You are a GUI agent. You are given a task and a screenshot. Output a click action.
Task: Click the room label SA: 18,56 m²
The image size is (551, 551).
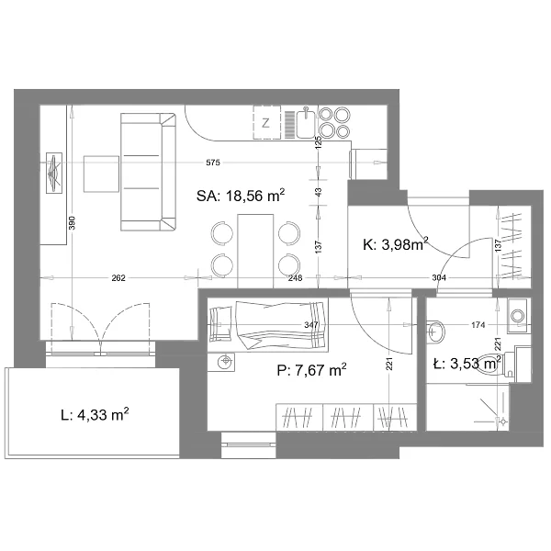tap(241, 196)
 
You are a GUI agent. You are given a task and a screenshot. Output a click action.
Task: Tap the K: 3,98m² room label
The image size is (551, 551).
tap(396, 244)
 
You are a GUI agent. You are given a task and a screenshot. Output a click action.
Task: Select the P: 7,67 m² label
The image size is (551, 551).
tap(311, 370)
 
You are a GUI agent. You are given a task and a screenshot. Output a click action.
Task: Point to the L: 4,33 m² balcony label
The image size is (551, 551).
tap(95, 415)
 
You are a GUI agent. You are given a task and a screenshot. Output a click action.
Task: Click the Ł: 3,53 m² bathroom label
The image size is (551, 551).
tap(467, 364)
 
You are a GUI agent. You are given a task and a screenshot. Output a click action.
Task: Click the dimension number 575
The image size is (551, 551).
tap(213, 163)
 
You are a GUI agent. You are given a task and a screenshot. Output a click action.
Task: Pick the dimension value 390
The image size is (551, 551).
tap(72, 223)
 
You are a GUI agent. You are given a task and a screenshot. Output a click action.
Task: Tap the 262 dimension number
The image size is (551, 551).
tap(118, 278)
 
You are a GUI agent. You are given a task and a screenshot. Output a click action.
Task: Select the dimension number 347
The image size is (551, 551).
tap(311, 325)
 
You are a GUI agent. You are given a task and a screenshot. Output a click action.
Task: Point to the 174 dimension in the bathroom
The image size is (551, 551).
tap(478, 325)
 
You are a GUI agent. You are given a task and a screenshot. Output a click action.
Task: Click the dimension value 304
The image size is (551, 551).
tap(439, 278)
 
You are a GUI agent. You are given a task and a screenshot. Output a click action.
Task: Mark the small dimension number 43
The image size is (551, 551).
tap(319, 192)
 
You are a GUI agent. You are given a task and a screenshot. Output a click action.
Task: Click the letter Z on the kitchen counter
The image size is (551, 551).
tap(266, 123)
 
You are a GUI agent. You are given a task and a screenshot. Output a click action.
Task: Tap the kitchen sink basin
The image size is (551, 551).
tap(306, 123)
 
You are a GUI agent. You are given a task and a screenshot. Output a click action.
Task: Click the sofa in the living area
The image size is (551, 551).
tap(148, 172)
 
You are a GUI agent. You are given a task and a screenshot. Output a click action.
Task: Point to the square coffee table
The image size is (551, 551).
tap(101, 174)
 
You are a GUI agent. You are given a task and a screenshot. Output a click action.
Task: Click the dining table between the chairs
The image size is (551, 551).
tap(255, 252)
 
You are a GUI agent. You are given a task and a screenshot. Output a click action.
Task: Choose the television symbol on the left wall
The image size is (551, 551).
tap(54, 173)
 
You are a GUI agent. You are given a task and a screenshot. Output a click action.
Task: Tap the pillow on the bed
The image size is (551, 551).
tap(220, 324)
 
